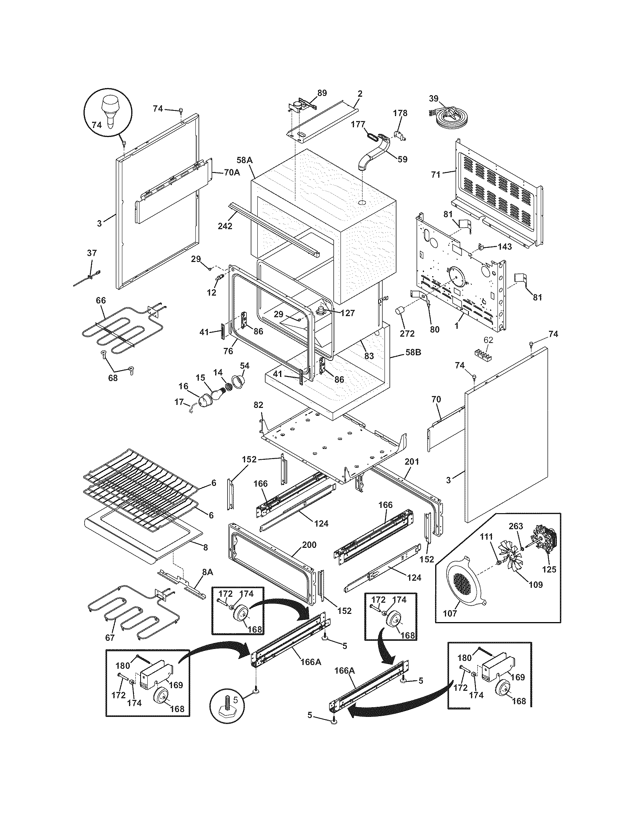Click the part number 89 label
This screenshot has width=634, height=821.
322,93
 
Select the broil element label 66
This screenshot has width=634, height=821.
101,300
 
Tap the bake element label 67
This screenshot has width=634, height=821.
110,637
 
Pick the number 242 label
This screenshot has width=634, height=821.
225,226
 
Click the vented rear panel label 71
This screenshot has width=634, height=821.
435,174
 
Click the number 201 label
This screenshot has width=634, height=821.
412,462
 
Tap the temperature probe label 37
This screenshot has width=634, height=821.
92,253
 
